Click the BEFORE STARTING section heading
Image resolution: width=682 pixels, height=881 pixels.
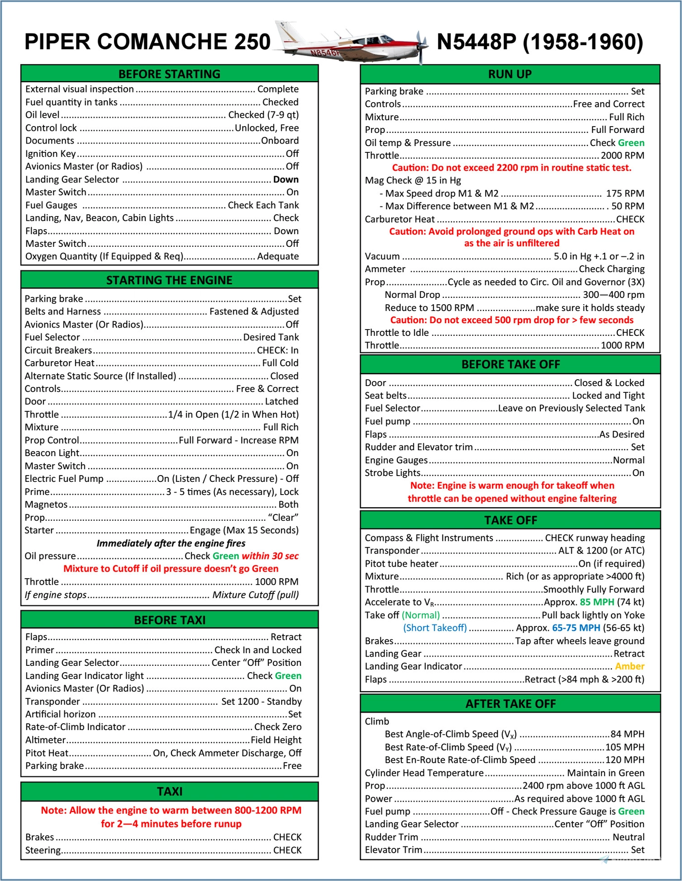click(169, 74)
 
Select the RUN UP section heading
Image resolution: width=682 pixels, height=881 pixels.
click(510, 74)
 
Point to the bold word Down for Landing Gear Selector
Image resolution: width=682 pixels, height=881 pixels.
click(285, 180)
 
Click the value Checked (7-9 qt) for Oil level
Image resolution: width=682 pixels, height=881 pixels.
click(263, 115)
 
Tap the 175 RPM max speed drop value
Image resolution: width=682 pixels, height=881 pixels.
click(625, 193)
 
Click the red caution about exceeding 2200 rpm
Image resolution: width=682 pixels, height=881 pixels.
click(511, 168)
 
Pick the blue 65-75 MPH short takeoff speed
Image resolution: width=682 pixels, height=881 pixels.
click(576, 628)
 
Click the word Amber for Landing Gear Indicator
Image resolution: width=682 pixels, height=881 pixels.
click(629, 666)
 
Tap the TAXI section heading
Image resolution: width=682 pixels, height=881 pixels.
click(169, 791)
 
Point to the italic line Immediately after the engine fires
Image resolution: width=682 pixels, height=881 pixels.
click(170, 543)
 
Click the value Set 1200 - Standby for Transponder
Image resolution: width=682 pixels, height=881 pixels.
click(261, 701)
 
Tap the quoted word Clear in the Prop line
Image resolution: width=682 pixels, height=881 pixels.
click(283, 517)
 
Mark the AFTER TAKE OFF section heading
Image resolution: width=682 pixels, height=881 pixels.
click(510, 704)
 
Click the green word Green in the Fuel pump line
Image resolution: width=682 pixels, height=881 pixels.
click(631, 811)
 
